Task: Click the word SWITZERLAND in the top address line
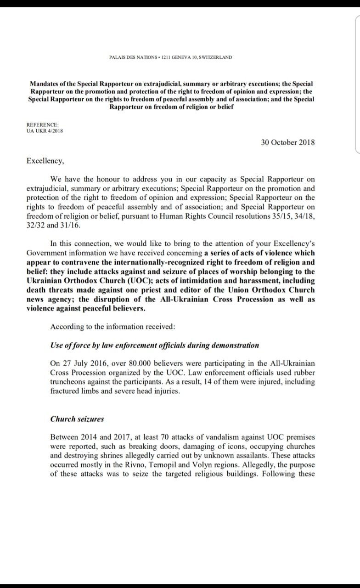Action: click(x=216, y=57)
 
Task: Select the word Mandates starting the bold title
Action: click(x=46, y=84)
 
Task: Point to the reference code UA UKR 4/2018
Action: click(x=45, y=130)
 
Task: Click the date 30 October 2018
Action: click(x=288, y=142)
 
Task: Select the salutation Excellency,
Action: click(x=46, y=161)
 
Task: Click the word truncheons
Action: click(x=69, y=382)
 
